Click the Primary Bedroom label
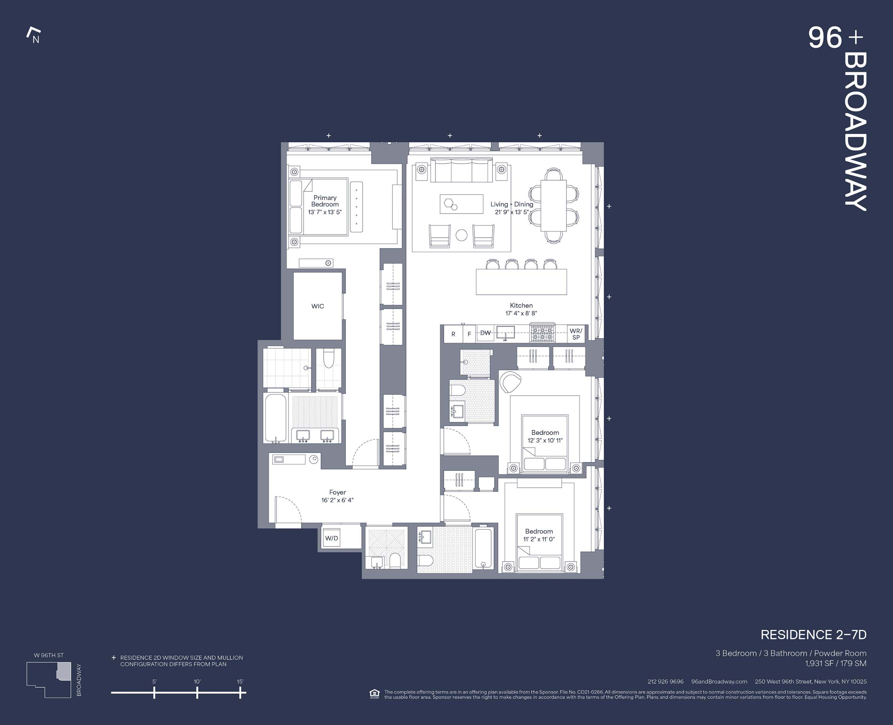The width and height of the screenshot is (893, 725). pos(325,201)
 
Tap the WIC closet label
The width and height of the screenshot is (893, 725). pos(318,306)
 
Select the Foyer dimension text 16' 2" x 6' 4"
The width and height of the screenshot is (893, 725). pos(337,500)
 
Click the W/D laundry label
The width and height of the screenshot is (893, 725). pos(332,538)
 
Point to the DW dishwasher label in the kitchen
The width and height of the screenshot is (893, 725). pos(485,333)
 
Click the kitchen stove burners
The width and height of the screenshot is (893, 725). pos(542,333)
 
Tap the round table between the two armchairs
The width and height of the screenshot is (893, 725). pos(461,235)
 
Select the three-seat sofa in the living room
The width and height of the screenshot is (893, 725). pos(461,171)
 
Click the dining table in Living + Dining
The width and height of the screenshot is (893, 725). pos(554,205)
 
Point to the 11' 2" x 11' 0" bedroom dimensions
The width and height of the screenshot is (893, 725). pos(539,539)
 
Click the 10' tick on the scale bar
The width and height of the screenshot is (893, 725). pos(197,693)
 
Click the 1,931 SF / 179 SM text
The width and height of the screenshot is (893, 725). pos(835,663)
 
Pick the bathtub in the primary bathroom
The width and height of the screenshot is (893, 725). pos(276,418)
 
